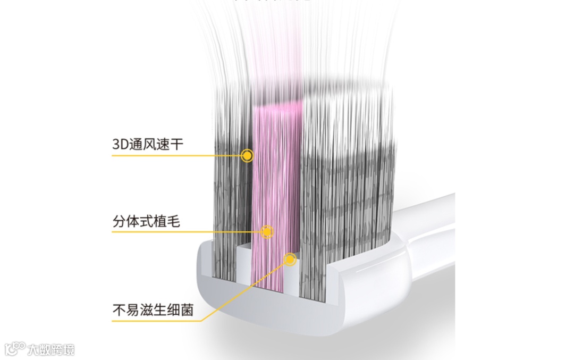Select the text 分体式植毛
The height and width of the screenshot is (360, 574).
tap(146, 221)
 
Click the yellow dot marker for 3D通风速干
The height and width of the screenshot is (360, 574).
tap(247, 155)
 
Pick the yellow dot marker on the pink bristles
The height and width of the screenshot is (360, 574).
tap(267, 231)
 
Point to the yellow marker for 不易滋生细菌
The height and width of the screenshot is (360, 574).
tap(290, 259)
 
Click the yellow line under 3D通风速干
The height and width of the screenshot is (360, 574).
tap(175, 155)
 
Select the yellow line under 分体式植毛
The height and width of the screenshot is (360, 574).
tap(186, 232)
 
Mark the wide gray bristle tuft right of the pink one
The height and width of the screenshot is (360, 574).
tap(345, 202)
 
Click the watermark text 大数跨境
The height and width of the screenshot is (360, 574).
tap(51, 349)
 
